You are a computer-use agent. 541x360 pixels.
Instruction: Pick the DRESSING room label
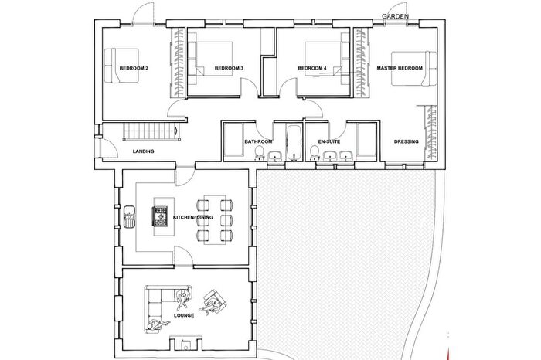point(407,142)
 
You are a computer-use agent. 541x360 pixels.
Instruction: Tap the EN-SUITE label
point(331,142)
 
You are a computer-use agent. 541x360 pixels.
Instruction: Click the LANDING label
point(144,151)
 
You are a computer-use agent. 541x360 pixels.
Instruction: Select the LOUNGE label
point(184,316)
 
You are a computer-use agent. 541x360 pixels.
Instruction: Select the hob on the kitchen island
point(162,210)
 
